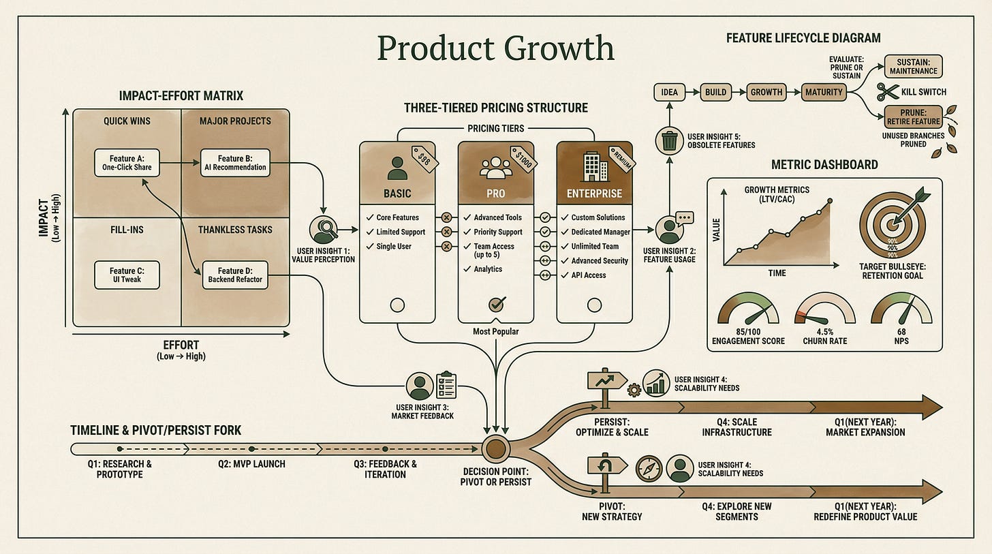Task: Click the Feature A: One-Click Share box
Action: point(127,163)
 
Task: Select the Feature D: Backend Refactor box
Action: point(235,275)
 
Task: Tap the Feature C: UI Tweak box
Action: point(127,275)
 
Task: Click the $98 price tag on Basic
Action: point(424,159)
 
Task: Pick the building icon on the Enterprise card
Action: point(594,166)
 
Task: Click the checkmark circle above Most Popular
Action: point(497,305)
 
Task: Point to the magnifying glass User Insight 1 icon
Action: point(323,230)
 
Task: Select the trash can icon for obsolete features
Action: point(669,141)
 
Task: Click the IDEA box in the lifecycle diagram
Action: point(669,92)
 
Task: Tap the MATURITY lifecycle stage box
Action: point(824,92)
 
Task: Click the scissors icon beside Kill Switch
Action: point(887,92)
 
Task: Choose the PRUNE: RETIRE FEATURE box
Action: point(913,117)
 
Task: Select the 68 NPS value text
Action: point(901,332)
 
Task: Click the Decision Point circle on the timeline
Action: point(495,448)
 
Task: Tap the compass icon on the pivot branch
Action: point(649,469)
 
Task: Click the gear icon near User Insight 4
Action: point(634,390)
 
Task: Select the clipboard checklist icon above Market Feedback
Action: point(446,385)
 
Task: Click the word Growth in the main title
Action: point(559,48)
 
